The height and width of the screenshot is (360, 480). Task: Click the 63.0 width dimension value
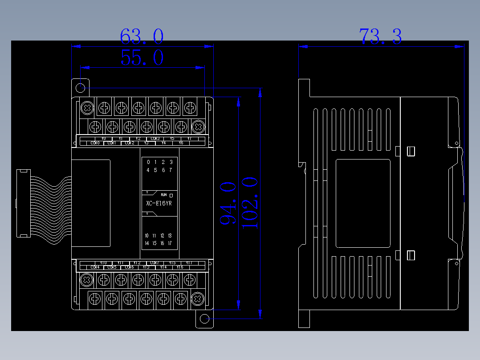click(142, 37)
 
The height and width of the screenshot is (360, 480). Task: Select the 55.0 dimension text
click(142, 58)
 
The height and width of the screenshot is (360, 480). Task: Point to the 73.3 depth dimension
click(380, 37)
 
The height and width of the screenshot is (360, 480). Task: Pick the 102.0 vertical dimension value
click(250, 203)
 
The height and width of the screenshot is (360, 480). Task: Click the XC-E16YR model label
click(159, 204)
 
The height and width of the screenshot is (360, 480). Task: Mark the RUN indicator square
click(171, 195)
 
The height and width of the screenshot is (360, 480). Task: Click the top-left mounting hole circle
click(81, 87)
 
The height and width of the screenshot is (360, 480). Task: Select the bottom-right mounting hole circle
click(204, 319)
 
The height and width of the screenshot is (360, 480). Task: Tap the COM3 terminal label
click(155, 139)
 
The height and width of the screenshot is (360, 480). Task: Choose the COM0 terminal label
click(95, 143)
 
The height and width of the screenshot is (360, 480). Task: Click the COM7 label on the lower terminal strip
click(155, 263)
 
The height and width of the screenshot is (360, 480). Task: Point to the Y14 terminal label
click(163, 267)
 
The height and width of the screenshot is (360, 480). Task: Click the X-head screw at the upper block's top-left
click(87, 107)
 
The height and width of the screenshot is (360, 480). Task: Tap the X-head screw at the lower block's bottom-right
click(197, 299)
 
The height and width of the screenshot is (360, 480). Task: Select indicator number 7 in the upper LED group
click(170, 170)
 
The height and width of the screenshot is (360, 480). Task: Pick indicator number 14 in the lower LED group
click(147, 243)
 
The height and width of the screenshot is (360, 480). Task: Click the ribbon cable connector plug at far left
click(23, 203)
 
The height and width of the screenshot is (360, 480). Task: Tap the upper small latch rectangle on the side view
click(411, 151)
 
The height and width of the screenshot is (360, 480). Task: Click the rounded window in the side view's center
click(363, 203)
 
